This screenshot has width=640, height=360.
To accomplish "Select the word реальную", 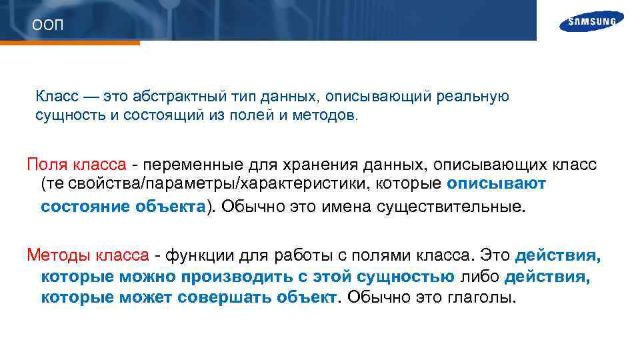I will coord(473,97).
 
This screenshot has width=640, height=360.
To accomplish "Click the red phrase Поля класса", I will coord(75,164).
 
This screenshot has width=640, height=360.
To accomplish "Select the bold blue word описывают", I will coord(497,184).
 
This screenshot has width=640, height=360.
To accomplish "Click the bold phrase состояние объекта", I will coord(122,207).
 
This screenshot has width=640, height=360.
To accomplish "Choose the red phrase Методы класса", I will coord(87,255).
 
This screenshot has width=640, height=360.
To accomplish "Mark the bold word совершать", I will coord(227,297).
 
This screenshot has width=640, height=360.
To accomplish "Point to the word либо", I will coord(479,276).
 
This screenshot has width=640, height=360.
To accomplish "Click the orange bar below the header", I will coord(70,43).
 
